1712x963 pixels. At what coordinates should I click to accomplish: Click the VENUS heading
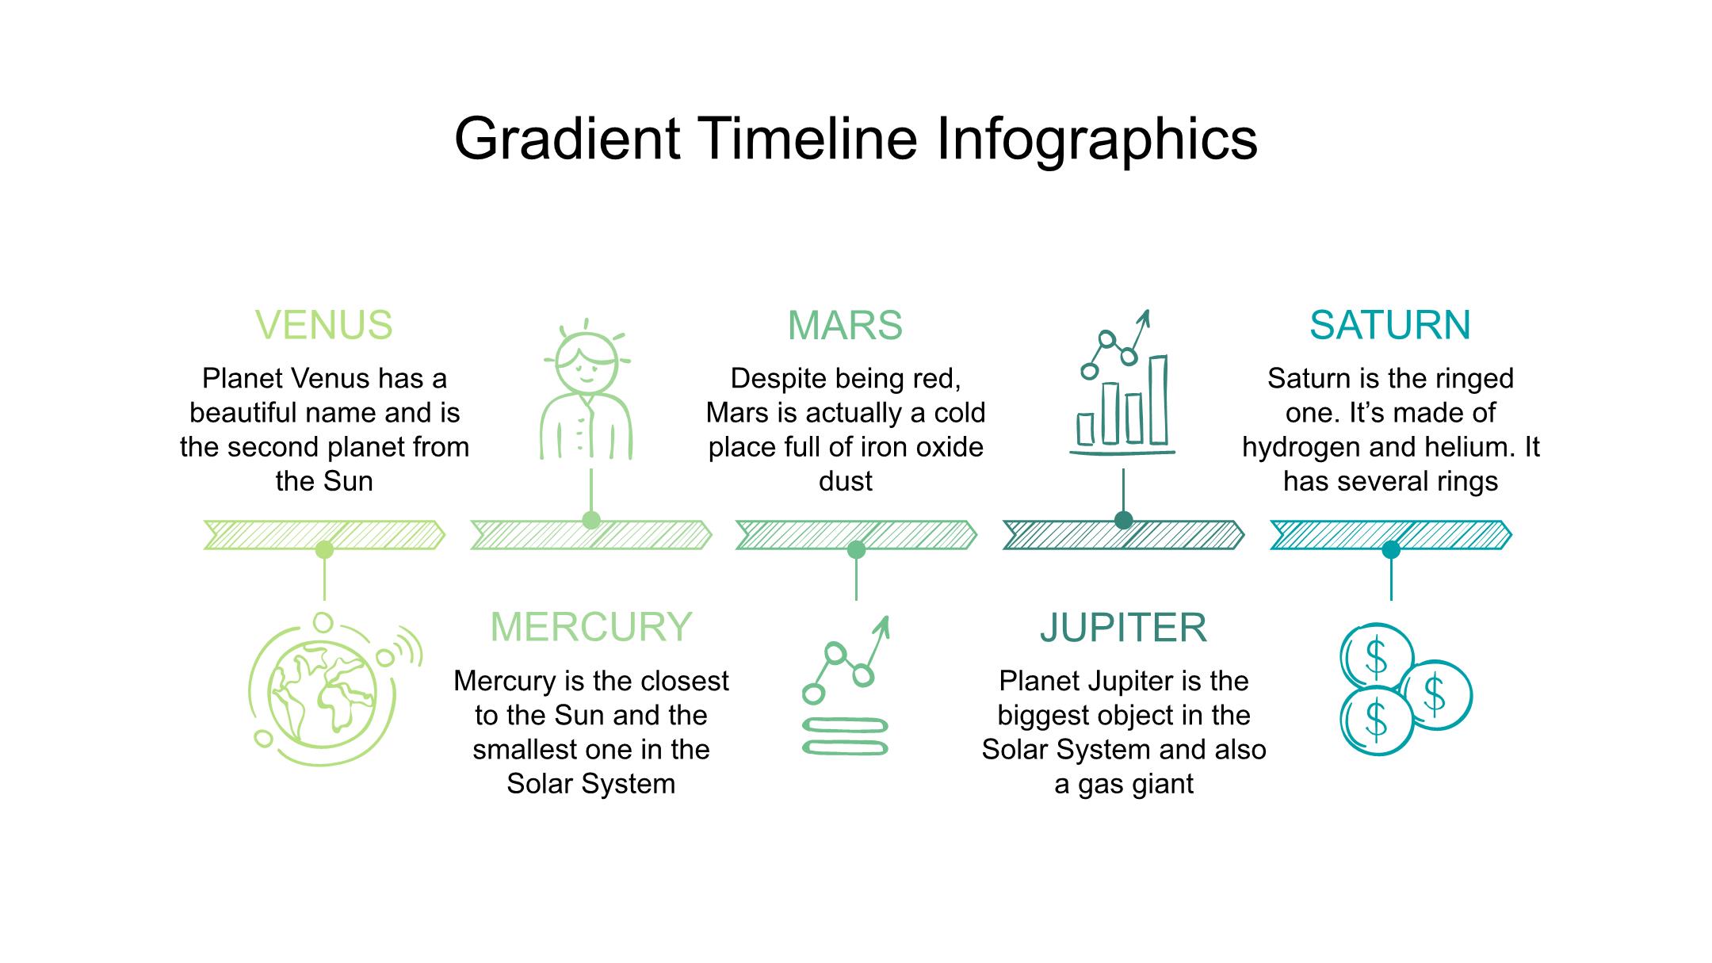[324, 325]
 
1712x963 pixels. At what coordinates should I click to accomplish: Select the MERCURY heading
[591, 627]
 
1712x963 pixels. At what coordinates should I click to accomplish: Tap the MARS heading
[845, 325]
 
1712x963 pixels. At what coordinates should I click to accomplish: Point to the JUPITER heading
[1123, 627]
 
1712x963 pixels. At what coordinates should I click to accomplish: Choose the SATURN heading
[1390, 325]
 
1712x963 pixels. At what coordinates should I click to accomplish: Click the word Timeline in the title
[808, 139]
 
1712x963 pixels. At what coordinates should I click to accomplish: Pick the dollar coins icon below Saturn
[1405, 688]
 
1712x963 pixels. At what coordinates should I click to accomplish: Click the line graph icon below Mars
[846, 685]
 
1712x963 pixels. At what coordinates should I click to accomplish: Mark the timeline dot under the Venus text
[324, 549]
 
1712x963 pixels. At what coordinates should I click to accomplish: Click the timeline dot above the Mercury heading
[591, 520]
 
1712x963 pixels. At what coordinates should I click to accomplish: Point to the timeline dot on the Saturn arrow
[1391, 549]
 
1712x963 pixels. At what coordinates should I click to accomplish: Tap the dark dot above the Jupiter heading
[1123, 520]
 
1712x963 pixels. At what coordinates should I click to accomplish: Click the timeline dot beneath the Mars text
[856, 549]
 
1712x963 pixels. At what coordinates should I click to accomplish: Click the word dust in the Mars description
[846, 481]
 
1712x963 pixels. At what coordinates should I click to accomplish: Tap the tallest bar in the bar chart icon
[1158, 400]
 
